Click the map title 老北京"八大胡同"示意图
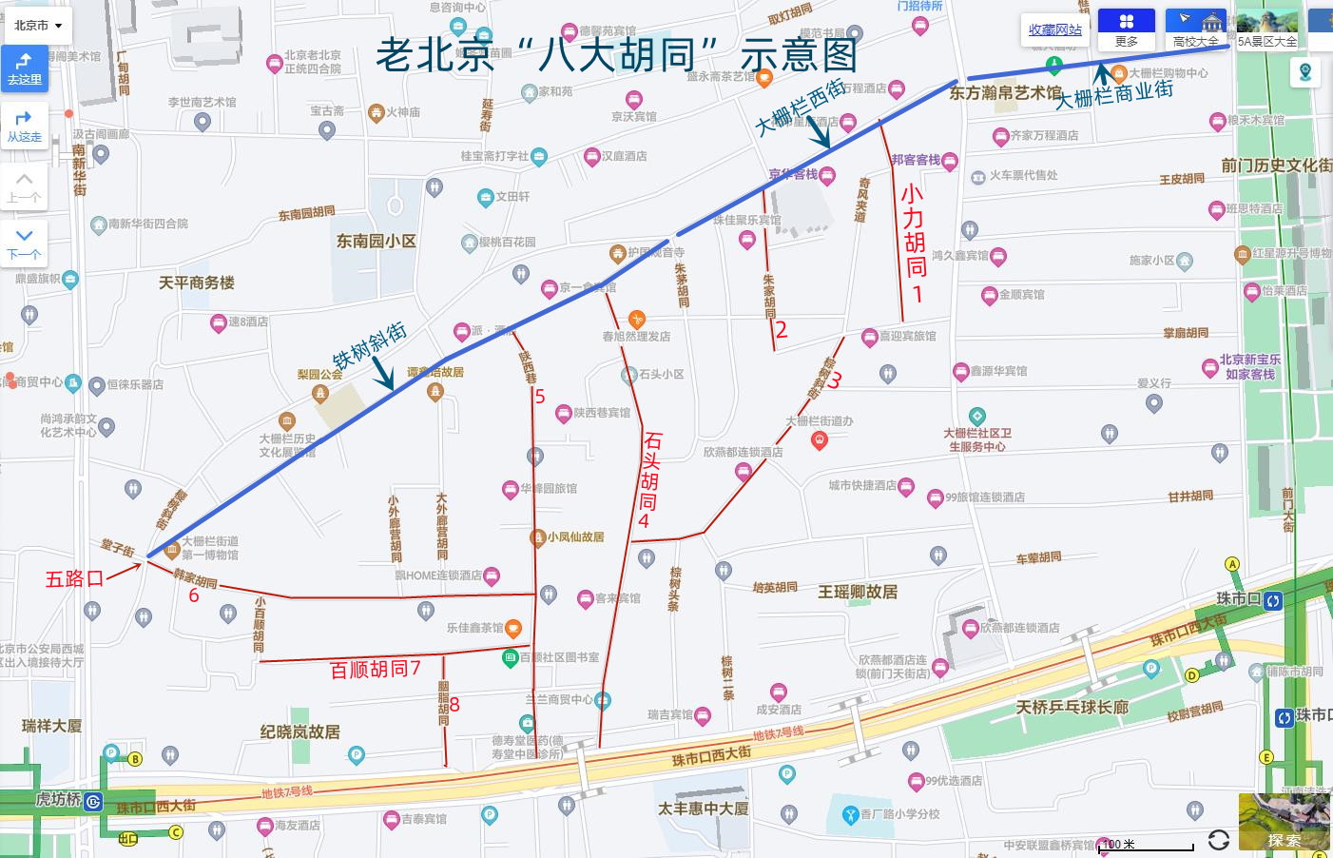[616, 56]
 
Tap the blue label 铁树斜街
[370, 345]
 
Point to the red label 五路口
[74, 578]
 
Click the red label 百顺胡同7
[375, 670]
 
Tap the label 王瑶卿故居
[858, 592]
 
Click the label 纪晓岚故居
[299, 731]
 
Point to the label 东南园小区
[376, 242]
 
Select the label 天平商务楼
[196, 283]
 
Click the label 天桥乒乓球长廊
[1072, 707]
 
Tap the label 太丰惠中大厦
[703, 809]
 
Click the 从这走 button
[24, 126]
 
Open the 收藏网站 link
[1054, 30]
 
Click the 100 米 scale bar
[1146, 845]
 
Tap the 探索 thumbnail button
[1284, 822]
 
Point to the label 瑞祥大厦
[51, 726]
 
